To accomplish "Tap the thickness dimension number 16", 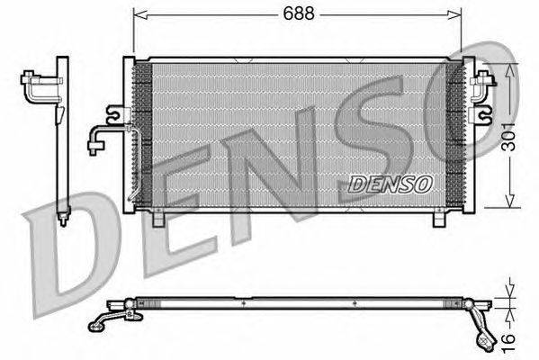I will pos(509,341).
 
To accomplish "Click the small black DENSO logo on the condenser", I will pos(391,183).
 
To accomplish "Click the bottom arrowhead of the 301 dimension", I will pos(512,205).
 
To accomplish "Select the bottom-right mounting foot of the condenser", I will pos(438,219).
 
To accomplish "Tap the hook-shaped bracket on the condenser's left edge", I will pos(114,114).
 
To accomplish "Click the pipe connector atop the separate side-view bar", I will pos(40,85).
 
